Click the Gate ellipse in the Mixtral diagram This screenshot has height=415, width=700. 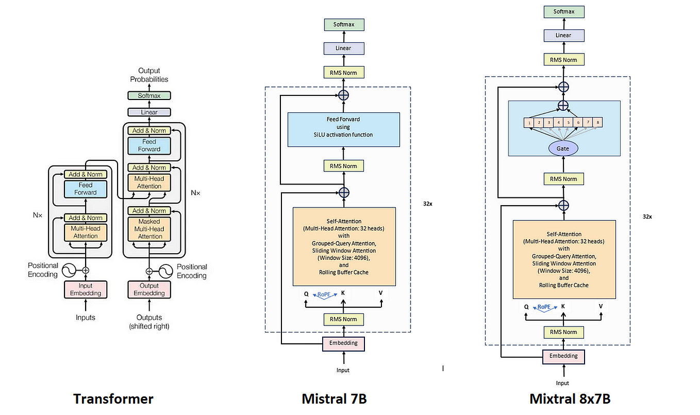pos(563,148)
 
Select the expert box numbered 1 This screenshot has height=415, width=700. pos(529,123)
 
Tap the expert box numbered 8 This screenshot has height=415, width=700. pos(597,123)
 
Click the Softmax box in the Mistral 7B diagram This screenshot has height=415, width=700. pos(343,24)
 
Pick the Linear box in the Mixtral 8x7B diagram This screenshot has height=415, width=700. pos(563,35)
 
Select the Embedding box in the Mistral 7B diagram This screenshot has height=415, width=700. pos(343,343)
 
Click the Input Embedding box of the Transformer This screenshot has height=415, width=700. pos(86,290)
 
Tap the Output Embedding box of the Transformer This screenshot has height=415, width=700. pos(149,290)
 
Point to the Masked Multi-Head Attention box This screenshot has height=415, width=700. pos(149,229)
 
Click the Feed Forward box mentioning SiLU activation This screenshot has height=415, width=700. pos(343,127)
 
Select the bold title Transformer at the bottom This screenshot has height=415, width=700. pos(113,399)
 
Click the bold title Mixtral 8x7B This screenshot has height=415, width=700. pos(570,399)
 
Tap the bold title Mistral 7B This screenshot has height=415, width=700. pos(335,399)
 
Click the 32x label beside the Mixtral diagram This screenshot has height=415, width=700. pos(647,217)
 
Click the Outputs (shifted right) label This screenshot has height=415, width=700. pos(149,322)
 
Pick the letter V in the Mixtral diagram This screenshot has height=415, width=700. pos(601,306)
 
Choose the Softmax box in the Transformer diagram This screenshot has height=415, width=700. pos(149,96)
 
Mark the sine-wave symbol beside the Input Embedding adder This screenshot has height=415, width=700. pos(69,270)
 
